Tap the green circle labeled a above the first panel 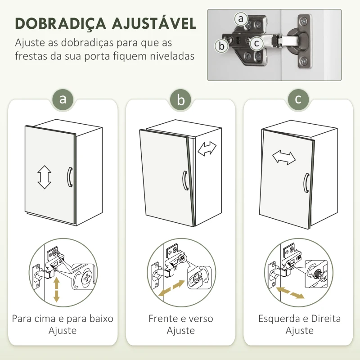coord(63,99)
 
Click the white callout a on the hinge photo coord(241,19)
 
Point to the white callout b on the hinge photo coord(221,45)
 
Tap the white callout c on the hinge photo coord(256,43)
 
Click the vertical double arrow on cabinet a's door coord(45,177)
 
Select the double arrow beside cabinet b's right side coord(207,148)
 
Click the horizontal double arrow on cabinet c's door coord(284,157)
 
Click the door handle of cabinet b coord(184,181)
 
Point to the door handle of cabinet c coord(306,183)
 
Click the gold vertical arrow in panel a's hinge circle coord(56,289)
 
